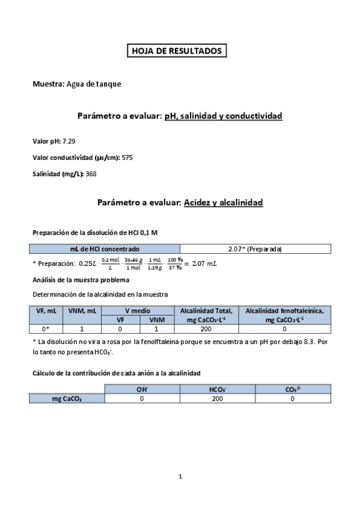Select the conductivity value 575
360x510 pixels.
point(127,158)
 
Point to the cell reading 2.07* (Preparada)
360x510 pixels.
point(255,249)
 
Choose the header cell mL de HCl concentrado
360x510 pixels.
point(105,249)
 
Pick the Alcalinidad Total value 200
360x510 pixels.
point(206,329)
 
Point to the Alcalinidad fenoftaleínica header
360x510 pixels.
point(284,315)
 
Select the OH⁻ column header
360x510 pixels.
point(142,390)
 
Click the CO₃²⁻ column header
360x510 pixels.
point(293,390)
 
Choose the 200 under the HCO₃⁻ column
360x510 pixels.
point(217,398)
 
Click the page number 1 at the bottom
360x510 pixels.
point(180,477)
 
